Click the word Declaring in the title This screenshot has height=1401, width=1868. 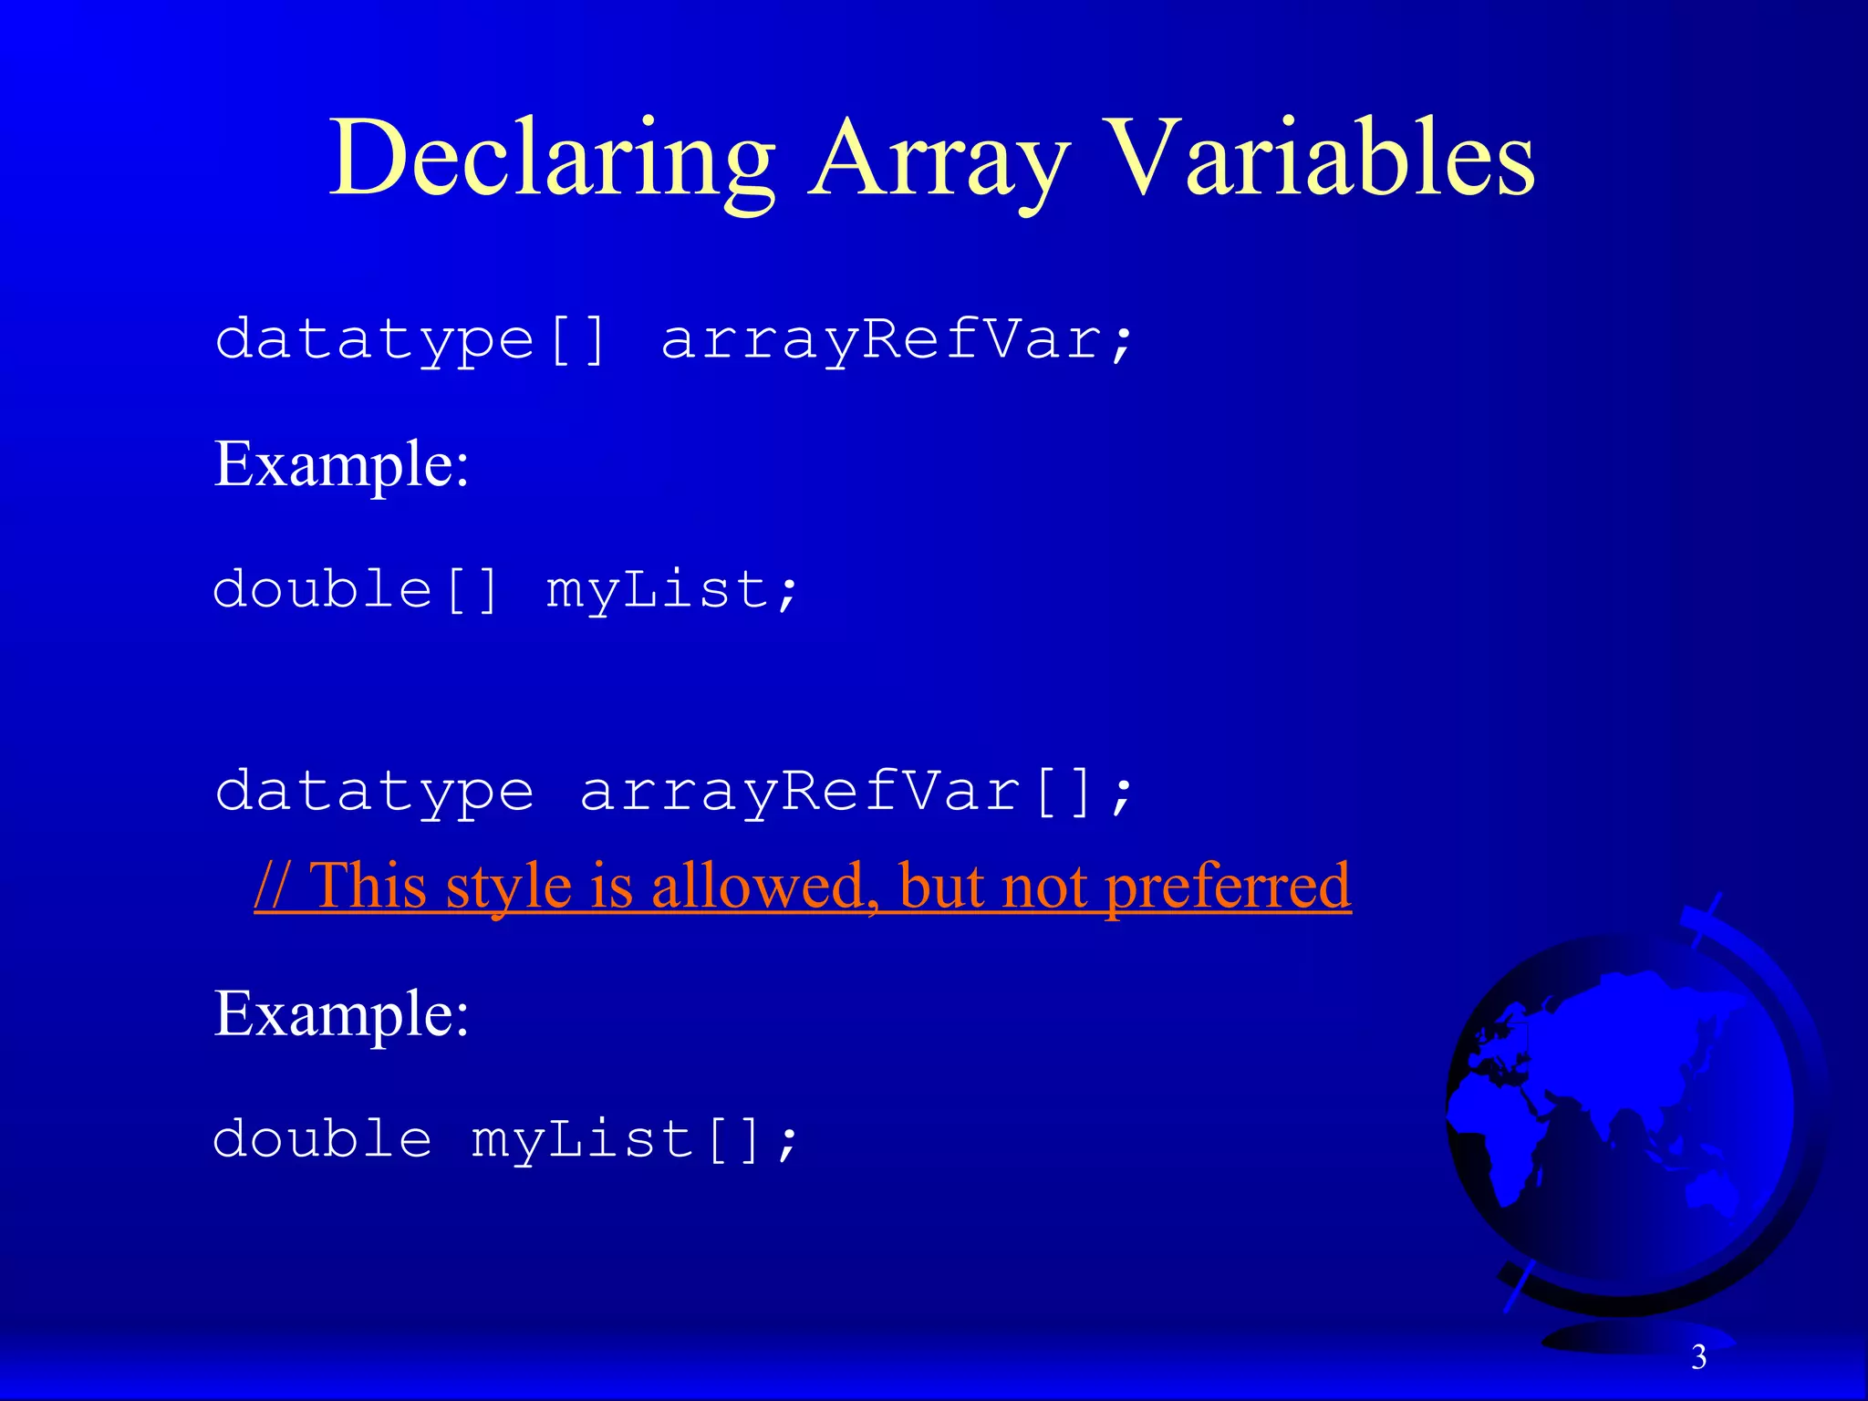click(x=552, y=160)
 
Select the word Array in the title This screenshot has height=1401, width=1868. click(x=939, y=160)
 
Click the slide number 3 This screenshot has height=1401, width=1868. click(x=1698, y=1357)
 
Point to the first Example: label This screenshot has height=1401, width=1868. click(x=341, y=465)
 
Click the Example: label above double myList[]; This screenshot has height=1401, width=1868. click(x=341, y=1014)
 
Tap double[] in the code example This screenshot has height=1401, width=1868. click(x=356, y=590)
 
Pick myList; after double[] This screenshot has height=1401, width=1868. click(x=672, y=590)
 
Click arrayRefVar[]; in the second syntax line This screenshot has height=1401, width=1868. click(x=856, y=792)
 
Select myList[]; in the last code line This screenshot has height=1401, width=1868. click(x=635, y=1140)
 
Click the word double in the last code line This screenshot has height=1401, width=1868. click(x=322, y=1140)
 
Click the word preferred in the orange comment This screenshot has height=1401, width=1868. click(x=1228, y=886)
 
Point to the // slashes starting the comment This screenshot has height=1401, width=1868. click(x=273, y=886)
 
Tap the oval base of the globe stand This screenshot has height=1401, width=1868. click(x=1633, y=1337)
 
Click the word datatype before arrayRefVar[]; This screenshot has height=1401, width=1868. click(x=374, y=792)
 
